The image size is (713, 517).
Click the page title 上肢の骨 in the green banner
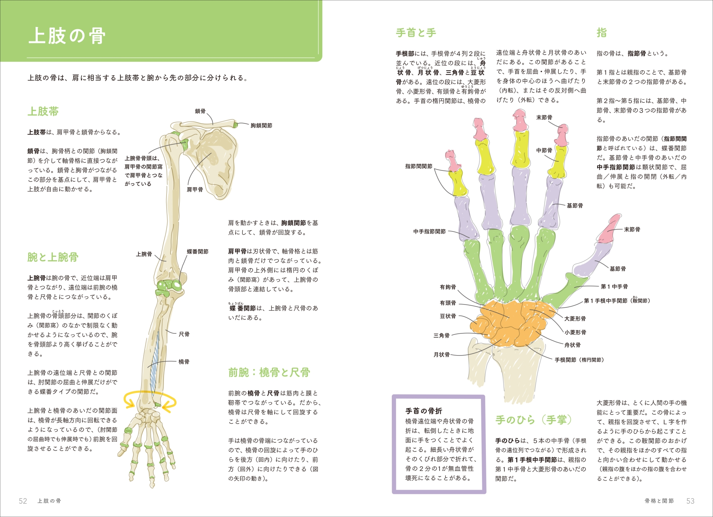click(67, 36)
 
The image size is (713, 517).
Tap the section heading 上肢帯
click(43, 112)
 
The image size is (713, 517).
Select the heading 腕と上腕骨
click(53, 257)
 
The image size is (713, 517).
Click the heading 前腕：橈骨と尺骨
click(269, 373)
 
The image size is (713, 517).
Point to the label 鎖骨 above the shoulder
click(200, 111)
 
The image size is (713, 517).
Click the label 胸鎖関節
click(261, 126)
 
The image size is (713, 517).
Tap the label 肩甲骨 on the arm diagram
click(195, 190)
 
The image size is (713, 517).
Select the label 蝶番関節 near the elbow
click(198, 252)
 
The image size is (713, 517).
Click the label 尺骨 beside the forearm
click(184, 334)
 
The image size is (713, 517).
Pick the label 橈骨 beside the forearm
click(184, 362)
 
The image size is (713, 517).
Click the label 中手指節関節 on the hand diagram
click(430, 232)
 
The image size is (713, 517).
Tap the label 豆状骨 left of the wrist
click(448, 316)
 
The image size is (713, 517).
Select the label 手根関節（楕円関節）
click(579, 360)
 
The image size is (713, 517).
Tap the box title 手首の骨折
click(424, 411)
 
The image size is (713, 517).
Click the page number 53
click(690, 501)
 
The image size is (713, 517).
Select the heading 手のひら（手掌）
click(533, 420)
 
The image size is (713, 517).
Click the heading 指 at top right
click(602, 33)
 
